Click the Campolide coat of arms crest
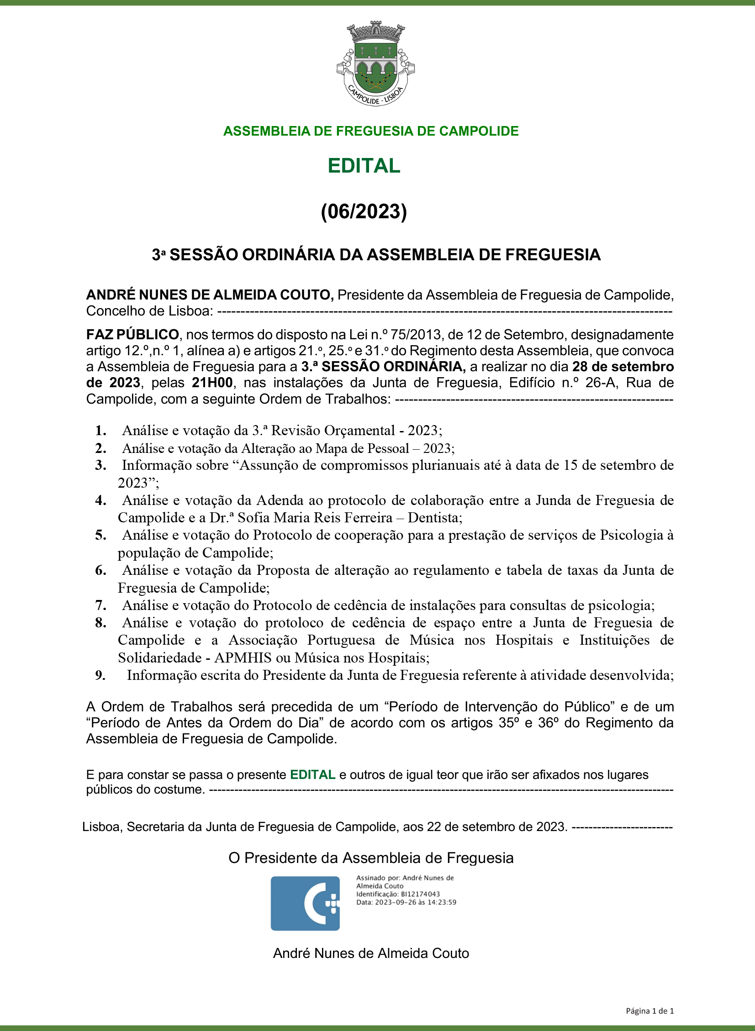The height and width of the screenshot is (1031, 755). [x=375, y=63]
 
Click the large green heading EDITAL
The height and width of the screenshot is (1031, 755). [x=364, y=166]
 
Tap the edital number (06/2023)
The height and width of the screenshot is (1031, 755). [x=364, y=211]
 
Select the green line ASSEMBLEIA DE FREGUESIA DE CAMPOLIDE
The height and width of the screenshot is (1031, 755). [x=370, y=131]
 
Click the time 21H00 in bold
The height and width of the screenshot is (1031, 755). [x=212, y=383]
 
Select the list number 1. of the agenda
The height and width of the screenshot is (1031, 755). [x=101, y=431]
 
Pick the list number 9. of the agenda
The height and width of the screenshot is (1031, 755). [x=100, y=675]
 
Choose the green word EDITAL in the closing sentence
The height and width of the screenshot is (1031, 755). [x=312, y=775]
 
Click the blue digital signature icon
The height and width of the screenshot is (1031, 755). [x=305, y=903]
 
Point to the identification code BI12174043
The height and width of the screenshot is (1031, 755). [x=421, y=894]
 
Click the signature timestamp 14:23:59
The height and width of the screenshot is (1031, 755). [x=441, y=902]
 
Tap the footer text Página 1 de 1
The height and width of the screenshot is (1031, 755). [x=649, y=1011]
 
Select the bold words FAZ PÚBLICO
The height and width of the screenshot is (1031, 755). [x=132, y=335]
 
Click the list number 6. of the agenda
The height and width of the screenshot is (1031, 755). [x=101, y=570]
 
